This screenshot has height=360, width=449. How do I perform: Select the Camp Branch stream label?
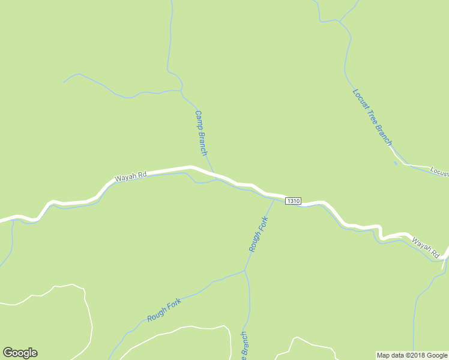pyautogui.click(x=200, y=133)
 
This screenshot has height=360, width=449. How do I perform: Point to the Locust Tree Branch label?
pyautogui.click(x=372, y=117)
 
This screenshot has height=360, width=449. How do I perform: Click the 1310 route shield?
pyautogui.click(x=293, y=200)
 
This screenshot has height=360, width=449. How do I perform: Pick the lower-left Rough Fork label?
pyautogui.click(x=164, y=309)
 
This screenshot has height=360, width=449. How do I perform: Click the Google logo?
pyautogui.click(x=20, y=353)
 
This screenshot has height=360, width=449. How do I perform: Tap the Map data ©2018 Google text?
pyautogui.click(x=412, y=355)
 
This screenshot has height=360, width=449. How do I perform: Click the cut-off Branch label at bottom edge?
pyautogui.click(x=244, y=347)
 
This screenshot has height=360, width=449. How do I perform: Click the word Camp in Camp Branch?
pyautogui.click(x=197, y=119)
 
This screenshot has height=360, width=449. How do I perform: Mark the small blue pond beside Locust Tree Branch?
pyautogui.click(x=395, y=163)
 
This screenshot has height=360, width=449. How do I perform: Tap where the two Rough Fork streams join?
pyautogui.click(x=245, y=271)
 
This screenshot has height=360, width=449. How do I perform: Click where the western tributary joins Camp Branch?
pyautogui.click(x=181, y=91)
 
